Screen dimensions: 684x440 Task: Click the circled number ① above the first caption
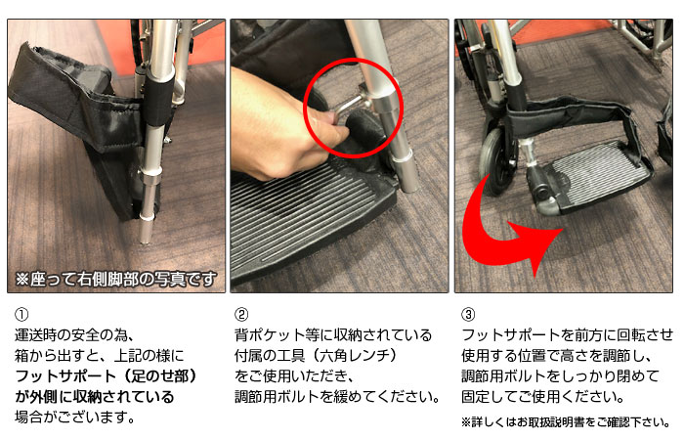pos(21,314)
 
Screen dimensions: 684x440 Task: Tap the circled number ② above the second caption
pos(241,314)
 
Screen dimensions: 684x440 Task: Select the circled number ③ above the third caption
pos(468,314)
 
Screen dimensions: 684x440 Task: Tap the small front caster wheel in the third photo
pos(497,161)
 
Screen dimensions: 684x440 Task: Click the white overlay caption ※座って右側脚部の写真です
pos(115,280)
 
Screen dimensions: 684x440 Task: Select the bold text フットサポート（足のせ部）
pos(106,375)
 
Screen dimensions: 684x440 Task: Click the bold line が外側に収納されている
pos(95,396)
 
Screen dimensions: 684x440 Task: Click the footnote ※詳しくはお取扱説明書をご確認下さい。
pos(566,422)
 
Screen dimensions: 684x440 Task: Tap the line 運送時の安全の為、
pos(73,334)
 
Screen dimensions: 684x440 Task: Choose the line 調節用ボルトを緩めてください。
pos(337,396)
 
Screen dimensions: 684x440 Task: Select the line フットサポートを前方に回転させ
pos(567,334)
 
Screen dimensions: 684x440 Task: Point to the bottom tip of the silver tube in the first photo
pos(146,242)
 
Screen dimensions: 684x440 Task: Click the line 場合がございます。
pos(74,417)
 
